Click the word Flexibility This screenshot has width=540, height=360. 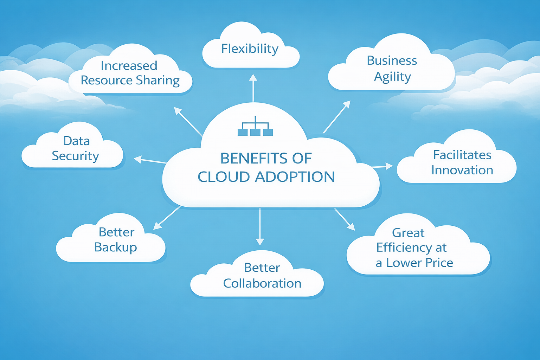250,49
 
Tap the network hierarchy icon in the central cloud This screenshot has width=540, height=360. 255,127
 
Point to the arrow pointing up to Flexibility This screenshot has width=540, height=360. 253,88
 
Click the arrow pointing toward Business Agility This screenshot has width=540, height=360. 336,117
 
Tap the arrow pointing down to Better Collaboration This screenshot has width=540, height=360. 260,226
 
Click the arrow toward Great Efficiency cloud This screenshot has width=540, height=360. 345,219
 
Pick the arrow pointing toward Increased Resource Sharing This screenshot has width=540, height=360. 188,122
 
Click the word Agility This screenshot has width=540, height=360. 392,77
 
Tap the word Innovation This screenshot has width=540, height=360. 462,171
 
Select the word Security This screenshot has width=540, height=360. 75,156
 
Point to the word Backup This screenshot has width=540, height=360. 115,247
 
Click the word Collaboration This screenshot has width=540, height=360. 262,283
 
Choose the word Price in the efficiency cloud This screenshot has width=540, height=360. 439,263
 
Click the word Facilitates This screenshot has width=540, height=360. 462,155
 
